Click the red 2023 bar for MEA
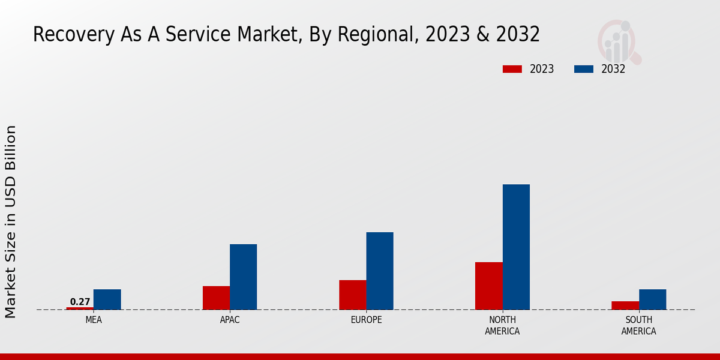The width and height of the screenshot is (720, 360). [80, 308]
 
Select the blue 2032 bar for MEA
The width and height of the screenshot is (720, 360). [107, 299]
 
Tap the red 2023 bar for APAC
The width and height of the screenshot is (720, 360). [216, 298]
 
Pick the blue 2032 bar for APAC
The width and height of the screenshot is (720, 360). [243, 277]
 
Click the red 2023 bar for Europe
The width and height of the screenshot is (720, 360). [352, 295]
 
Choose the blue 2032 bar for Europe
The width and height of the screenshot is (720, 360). [380, 271]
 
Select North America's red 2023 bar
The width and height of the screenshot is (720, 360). [488, 286]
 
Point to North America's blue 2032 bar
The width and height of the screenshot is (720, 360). [516, 247]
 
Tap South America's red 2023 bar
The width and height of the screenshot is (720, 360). [625, 305]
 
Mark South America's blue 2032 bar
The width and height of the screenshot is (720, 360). [652, 299]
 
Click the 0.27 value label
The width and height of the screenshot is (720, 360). [80, 302]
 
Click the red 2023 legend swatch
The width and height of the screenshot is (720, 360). [512, 69]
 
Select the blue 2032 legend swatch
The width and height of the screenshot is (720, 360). [583, 69]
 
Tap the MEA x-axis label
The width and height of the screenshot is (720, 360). [94, 320]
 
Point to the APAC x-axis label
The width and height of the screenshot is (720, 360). [230, 320]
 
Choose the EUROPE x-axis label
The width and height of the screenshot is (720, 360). [366, 320]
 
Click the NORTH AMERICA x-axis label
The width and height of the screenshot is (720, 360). [502, 325]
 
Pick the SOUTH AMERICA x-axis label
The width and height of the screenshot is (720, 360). [638, 325]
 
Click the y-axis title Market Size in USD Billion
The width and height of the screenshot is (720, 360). [11, 221]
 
